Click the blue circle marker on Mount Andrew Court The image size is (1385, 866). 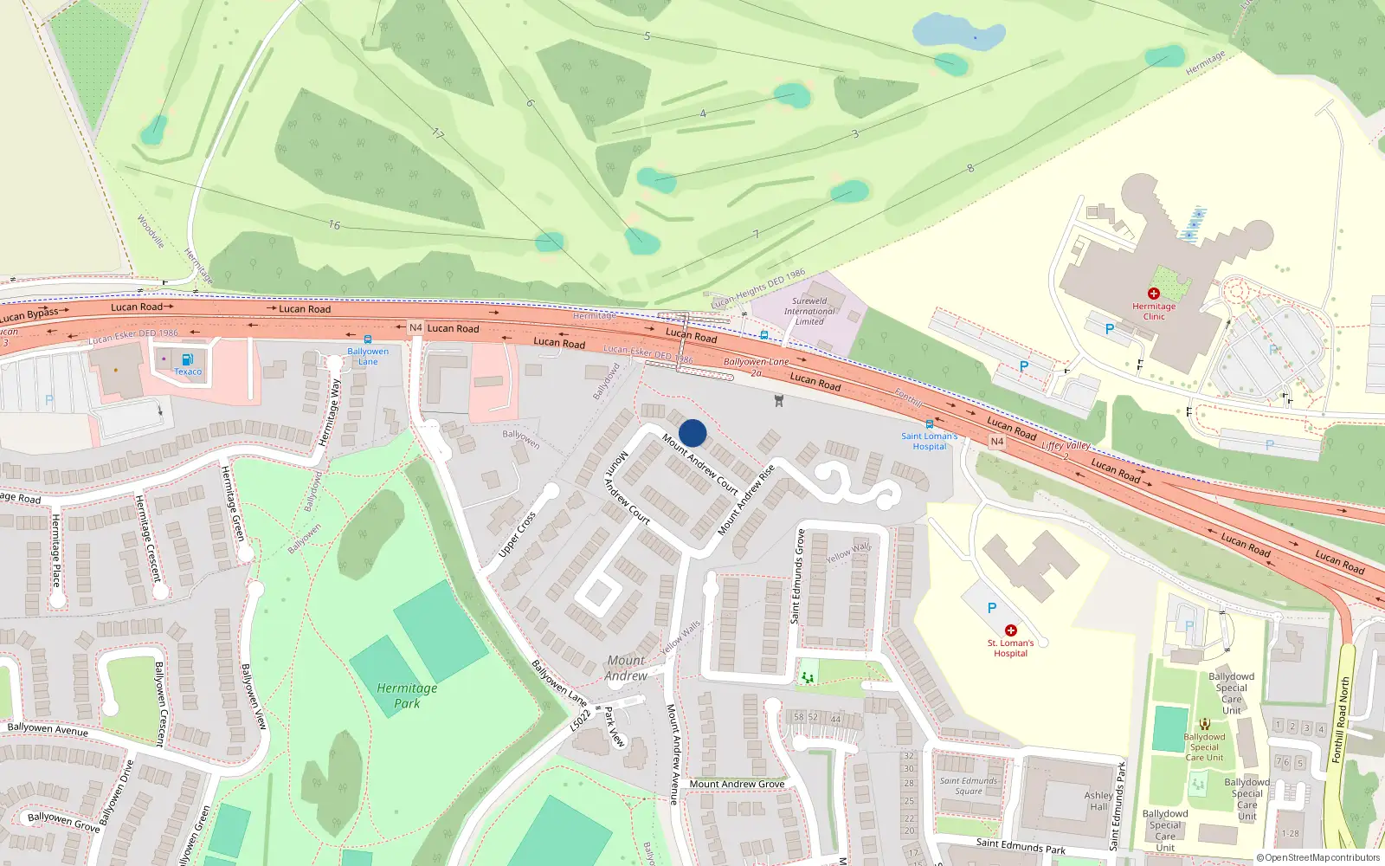pyautogui.click(x=692, y=433)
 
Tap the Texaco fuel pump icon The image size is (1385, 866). pyautogui.click(x=188, y=359)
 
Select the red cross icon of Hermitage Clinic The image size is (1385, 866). pyautogui.click(x=1153, y=294)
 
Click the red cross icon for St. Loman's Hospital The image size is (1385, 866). pyautogui.click(x=1010, y=630)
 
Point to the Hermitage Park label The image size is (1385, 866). pyautogui.click(x=407, y=695)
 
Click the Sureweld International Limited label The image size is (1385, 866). pyautogui.click(x=809, y=311)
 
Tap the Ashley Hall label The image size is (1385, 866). pyautogui.click(x=1098, y=801)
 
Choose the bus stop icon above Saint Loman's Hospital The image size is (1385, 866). pyautogui.click(x=929, y=424)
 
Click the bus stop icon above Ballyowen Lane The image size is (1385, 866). pyautogui.click(x=368, y=339)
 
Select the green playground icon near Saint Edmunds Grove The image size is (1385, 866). pyautogui.click(x=808, y=677)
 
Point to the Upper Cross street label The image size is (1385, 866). pyautogui.click(x=518, y=534)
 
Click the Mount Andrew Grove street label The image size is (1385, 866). pyautogui.click(x=737, y=784)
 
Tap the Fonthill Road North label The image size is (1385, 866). pyautogui.click(x=1341, y=720)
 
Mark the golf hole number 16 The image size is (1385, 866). pyautogui.click(x=334, y=225)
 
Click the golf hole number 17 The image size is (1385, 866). pyautogui.click(x=438, y=133)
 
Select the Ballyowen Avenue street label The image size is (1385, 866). pyautogui.click(x=48, y=729)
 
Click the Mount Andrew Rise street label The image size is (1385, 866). pyautogui.click(x=746, y=500)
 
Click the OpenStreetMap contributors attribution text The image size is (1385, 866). pyautogui.click(x=1318, y=857)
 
